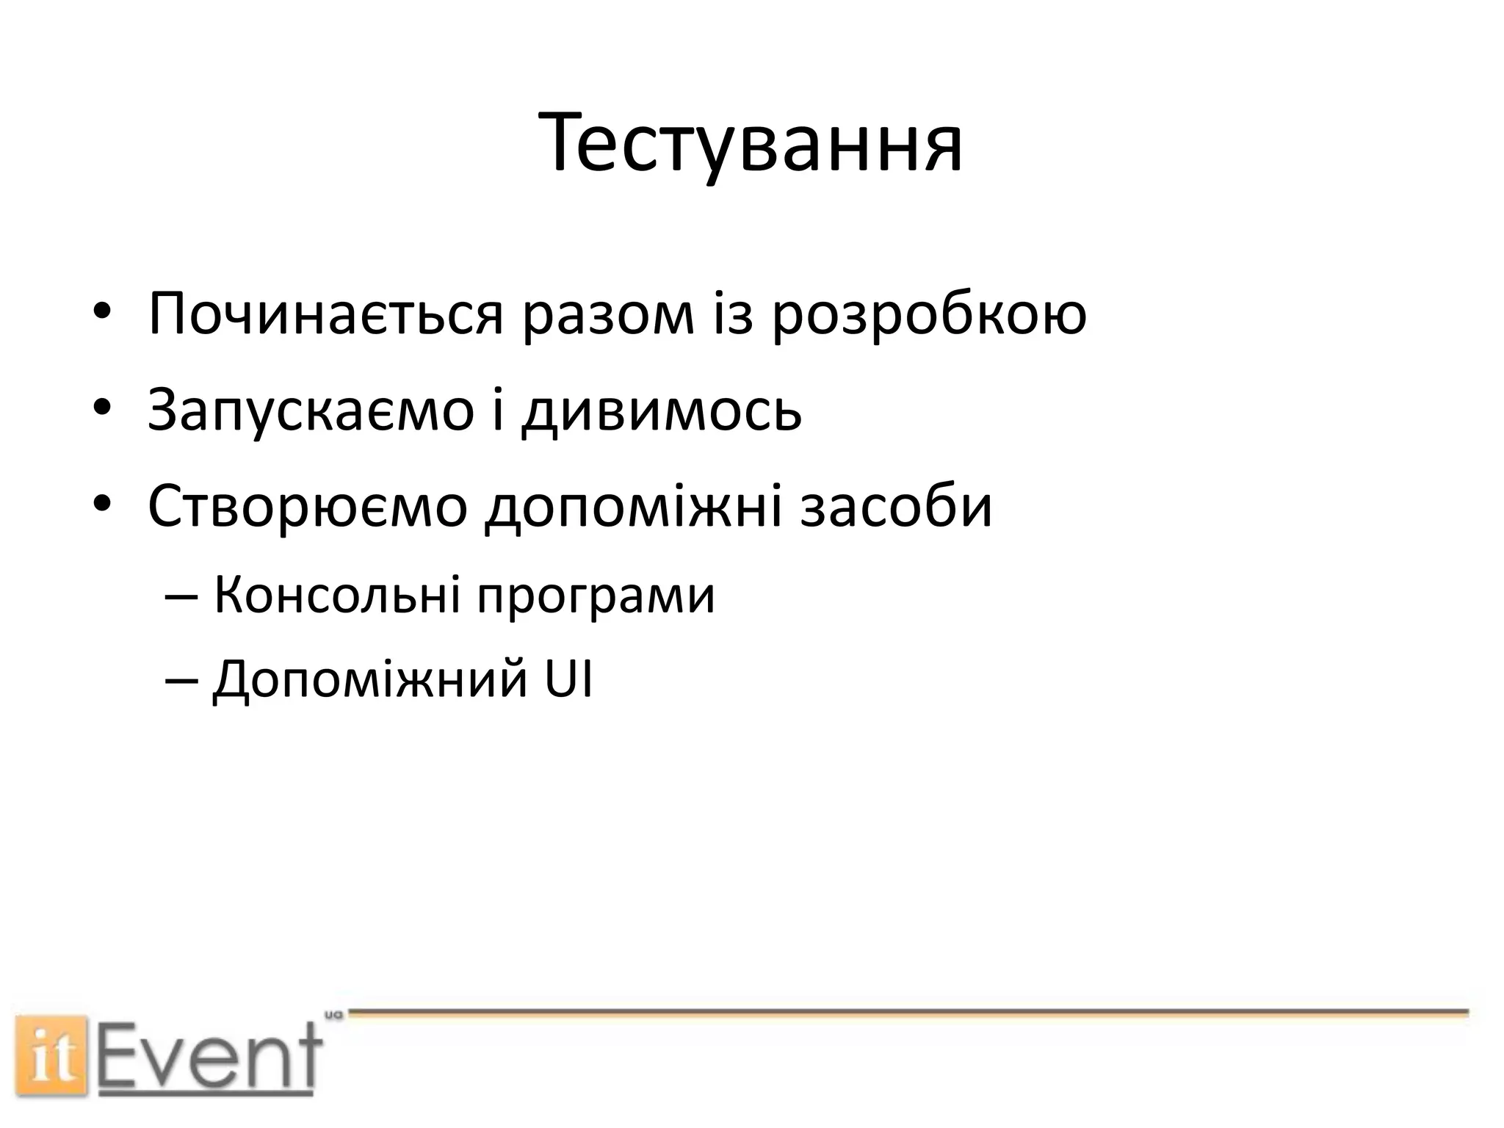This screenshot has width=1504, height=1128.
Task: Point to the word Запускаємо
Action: pyautogui.click(x=310, y=410)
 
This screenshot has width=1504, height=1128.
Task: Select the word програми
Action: pyautogui.click(x=596, y=596)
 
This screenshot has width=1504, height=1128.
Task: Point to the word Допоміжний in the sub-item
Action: pyautogui.click(x=369, y=680)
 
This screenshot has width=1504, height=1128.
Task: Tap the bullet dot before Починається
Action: pyautogui.click(x=101, y=312)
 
